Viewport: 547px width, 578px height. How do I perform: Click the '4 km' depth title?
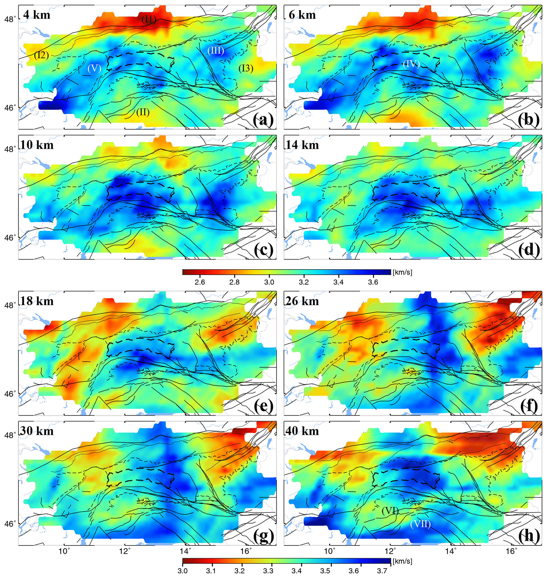pyautogui.click(x=37, y=15)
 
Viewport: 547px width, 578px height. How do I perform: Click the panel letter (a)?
pyautogui.click(x=263, y=120)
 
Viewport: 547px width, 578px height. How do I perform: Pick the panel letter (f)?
pyautogui.click(x=528, y=406)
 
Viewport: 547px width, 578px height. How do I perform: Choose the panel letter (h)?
pyautogui.click(x=528, y=536)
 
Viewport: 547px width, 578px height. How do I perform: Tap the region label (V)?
pyautogui.click(x=94, y=69)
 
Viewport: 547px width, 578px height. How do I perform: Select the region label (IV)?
pyautogui.click(x=411, y=64)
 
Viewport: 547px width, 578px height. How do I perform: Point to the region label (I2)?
pyautogui.click(x=41, y=55)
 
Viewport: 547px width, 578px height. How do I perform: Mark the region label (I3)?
pyautogui.click(x=246, y=68)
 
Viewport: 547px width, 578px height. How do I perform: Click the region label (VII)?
pyautogui.click(x=420, y=524)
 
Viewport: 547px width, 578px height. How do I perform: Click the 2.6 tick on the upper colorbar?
pyautogui.click(x=200, y=282)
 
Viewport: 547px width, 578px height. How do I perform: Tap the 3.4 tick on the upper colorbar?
pyautogui.click(x=338, y=282)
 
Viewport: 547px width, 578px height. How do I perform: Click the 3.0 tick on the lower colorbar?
pyautogui.click(x=183, y=570)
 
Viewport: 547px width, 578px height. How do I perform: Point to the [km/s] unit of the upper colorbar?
pyautogui.click(x=403, y=272)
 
